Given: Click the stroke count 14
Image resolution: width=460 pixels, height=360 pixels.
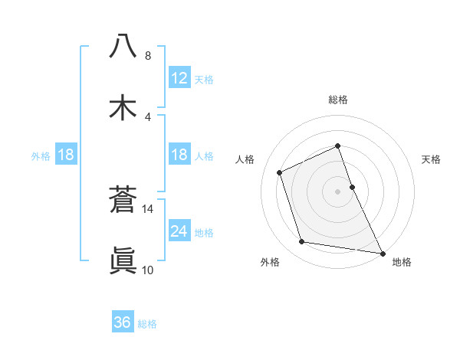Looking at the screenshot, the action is pyautogui.click(x=148, y=208).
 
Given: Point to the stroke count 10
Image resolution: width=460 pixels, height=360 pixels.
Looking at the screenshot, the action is pyautogui.click(x=148, y=270).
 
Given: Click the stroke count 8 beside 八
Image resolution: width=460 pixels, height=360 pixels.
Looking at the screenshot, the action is pyautogui.click(x=148, y=55).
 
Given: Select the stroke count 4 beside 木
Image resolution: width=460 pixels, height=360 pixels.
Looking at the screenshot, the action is pyautogui.click(x=148, y=116).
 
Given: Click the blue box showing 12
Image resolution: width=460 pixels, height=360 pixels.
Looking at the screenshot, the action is pyautogui.click(x=179, y=78).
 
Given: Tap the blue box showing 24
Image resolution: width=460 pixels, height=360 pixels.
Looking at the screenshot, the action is pyautogui.click(x=179, y=231).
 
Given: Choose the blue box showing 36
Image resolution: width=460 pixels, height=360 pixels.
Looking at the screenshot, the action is pyautogui.click(x=123, y=322).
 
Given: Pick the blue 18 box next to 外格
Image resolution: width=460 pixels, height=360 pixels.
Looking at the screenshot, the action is pyautogui.click(x=66, y=155).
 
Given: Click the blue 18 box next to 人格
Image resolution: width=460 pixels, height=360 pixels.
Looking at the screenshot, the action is pyautogui.click(x=179, y=155).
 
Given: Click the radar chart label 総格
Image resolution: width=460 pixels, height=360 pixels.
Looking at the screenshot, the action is pyautogui.click(x=338, y=100).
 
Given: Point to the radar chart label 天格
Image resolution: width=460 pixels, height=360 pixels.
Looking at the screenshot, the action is pyautogui.click(x=432, y=159).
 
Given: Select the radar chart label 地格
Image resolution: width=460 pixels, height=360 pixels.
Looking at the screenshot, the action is pyautogui.click(x=402, y=262).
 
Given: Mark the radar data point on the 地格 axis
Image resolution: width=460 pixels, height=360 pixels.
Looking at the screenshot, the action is pyautogui.click(x=382, y=252).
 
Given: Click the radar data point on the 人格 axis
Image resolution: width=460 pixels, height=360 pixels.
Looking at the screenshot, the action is pyautogui.click(x=281, y=172).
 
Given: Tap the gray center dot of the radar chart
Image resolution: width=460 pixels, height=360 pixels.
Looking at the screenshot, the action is pyautogui.click(x=338, y=191).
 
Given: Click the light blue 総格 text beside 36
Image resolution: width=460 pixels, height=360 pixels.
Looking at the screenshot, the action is pyautogui.click(x=147, y=323).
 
